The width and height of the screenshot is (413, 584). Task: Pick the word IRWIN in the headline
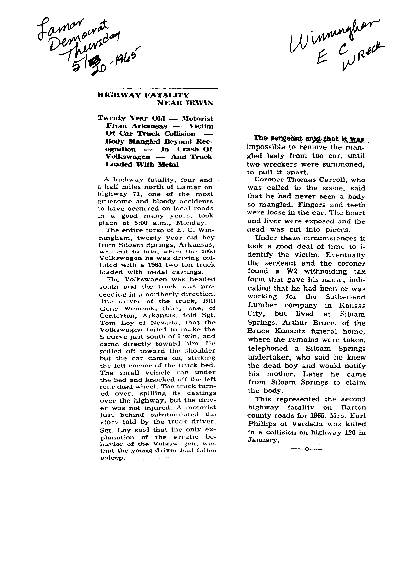coord(200,103)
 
